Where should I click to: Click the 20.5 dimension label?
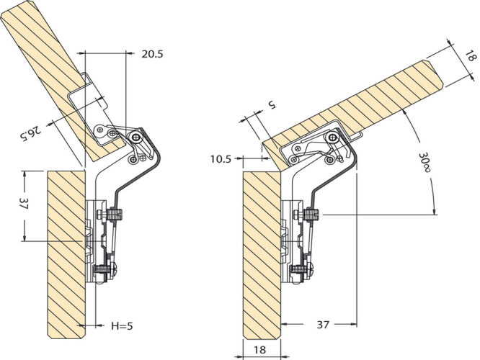coord(152,54)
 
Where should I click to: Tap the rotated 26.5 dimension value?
coord(30,132)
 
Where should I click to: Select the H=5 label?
coord(122,326)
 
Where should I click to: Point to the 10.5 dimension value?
coord(221,159)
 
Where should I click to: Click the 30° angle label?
coord(425,162)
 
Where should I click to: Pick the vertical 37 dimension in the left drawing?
coord(24,203)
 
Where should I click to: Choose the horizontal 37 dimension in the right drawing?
coord(323,324)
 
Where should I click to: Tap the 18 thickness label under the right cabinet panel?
coord(259,349)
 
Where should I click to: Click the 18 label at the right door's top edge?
coord(471,57)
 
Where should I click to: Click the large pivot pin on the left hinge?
coord(135,137)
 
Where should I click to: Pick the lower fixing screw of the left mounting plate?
coord(104,271)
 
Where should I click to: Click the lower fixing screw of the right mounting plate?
coord(300,271)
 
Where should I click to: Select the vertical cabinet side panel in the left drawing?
coord(66,255)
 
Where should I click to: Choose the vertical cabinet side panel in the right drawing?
coord(262,256)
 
